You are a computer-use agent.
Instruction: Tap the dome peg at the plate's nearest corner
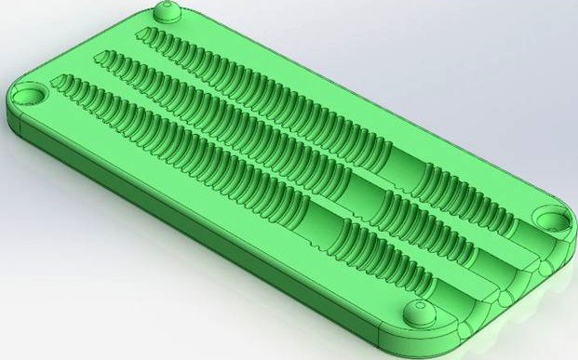click(416, 313)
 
